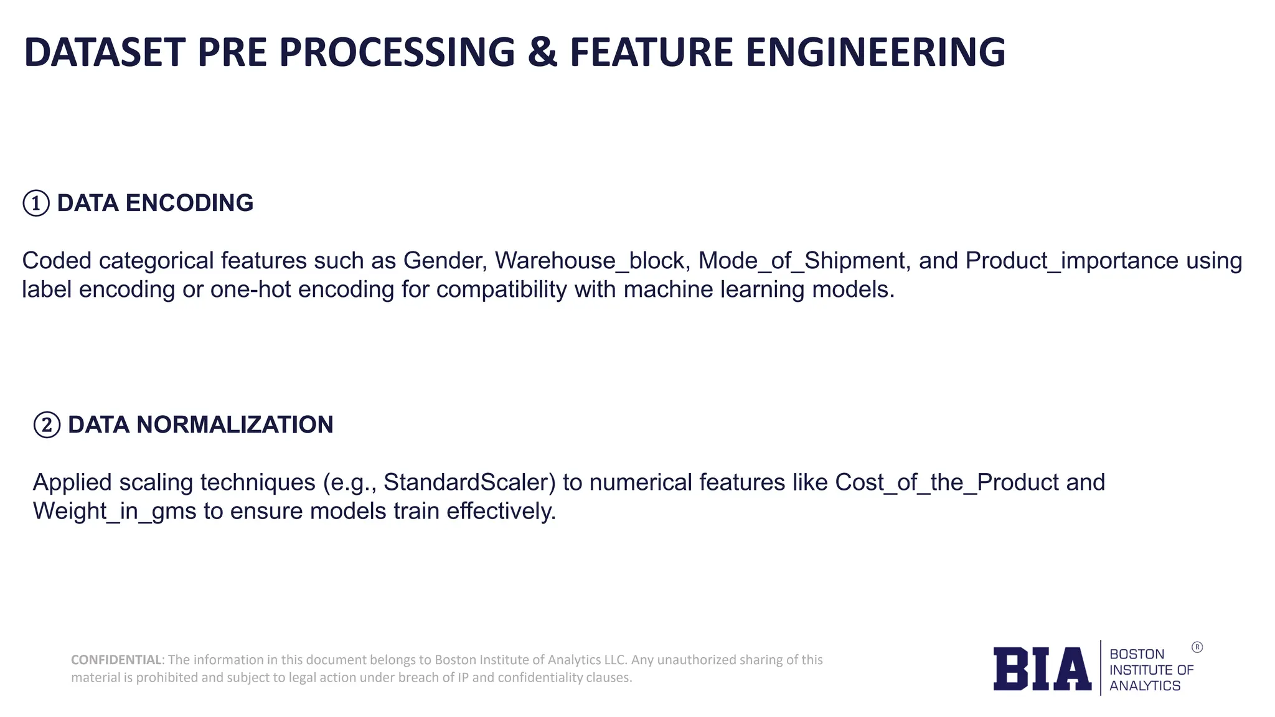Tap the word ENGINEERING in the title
[875, 52]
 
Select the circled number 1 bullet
[36, 204]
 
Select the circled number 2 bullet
[47, 425]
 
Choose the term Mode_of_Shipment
[802, 261]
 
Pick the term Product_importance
[1071, 261]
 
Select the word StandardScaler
[469, 483]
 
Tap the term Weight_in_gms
[115, 512]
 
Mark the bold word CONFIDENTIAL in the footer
[116, 660]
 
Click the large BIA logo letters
[1042, 669]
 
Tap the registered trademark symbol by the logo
[1197, 647]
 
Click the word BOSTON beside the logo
[1137, 654]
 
